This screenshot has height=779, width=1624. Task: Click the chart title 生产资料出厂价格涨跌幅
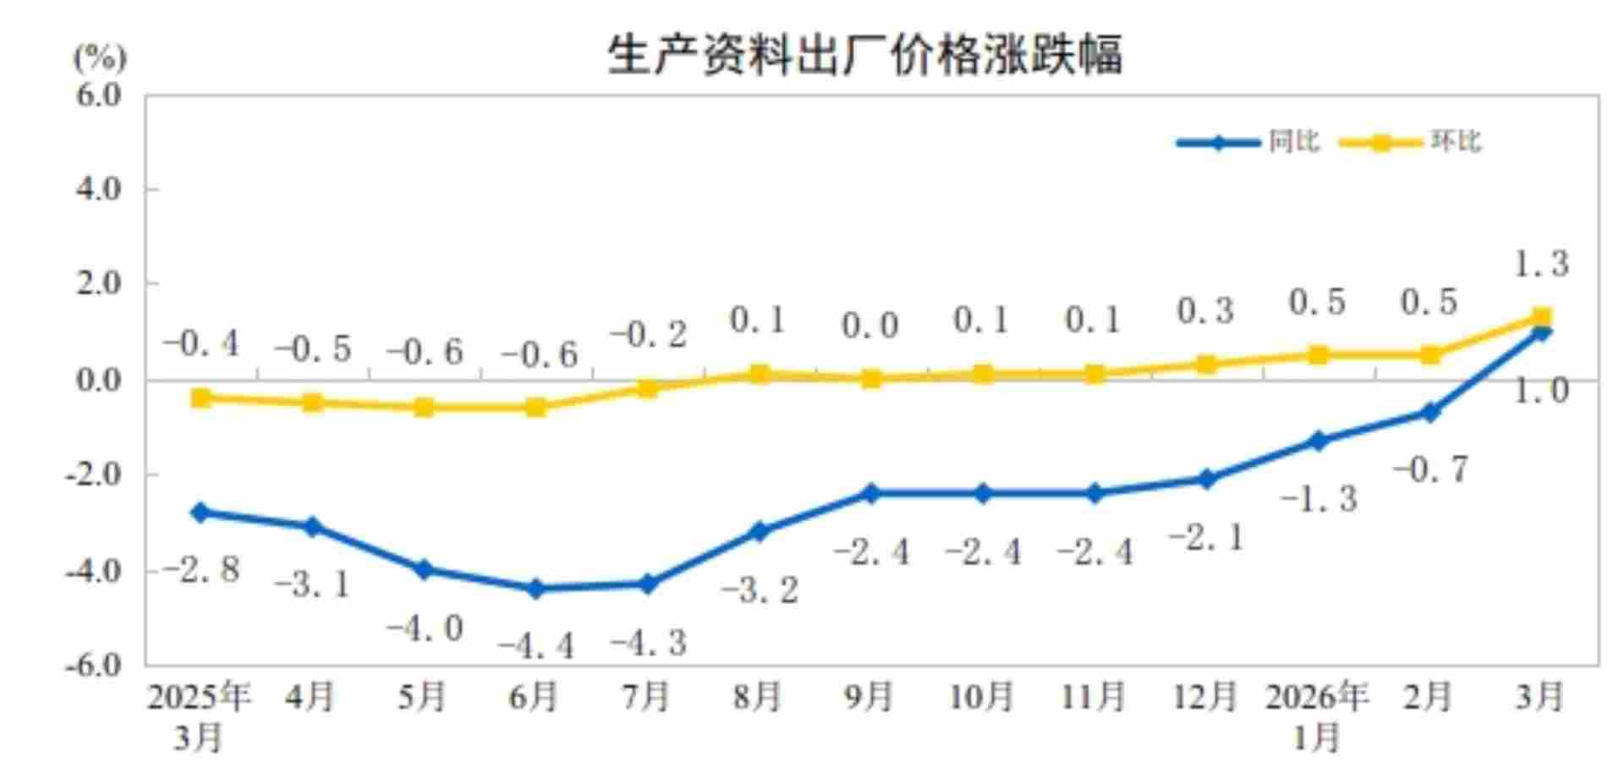[x=864, y=55]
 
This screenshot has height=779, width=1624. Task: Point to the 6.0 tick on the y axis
[x=99, y=96]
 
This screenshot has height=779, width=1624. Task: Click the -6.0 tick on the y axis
[x=95, y=665]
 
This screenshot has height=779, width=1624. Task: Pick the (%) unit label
[x=99, y=58]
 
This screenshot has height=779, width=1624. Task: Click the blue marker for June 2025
[x=535, y=589]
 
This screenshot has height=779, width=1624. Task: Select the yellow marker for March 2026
[x=1541, y=317]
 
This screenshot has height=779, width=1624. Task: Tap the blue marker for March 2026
[x=1541, y=332]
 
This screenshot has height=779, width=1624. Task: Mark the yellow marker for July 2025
[x=648, y=388]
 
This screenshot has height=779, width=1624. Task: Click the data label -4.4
[x=535, y=647]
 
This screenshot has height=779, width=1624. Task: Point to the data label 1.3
[x=1540, y=264]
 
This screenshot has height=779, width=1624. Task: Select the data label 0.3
[x=1205, y=311]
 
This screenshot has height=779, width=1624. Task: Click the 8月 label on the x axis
[x=758, y=697]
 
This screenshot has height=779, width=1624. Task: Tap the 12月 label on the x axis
[x=1205, y=697]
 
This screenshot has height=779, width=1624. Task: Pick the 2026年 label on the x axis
[x=1317, y=697]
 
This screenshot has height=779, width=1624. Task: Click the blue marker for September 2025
[x=871, y=493]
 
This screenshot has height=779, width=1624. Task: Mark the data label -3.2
[x=760, y=590]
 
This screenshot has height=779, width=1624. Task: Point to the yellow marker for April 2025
[x=313, y=403]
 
